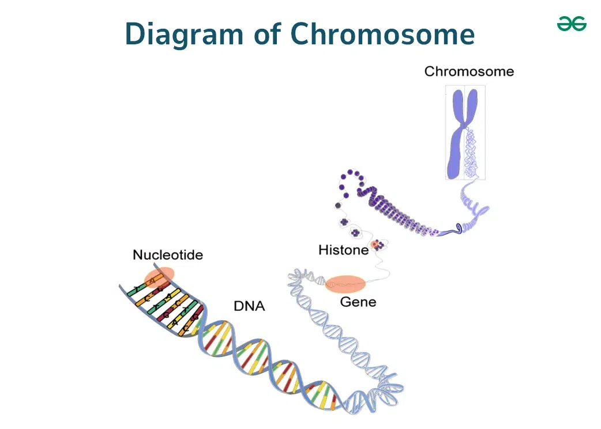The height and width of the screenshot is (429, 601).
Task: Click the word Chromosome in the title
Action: coord(382,33)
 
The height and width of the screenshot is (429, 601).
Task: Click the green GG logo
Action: coord(572,24)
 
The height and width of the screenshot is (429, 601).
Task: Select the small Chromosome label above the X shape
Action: coord(469,71)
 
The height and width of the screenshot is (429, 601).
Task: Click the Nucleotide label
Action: coord(168,255)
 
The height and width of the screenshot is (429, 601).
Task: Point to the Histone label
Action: coord(343,250)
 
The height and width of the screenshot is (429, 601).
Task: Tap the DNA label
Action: coord(249,306)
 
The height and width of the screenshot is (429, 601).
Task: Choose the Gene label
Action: coord(358,302)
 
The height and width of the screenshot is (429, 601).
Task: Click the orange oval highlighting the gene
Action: coord(345,284)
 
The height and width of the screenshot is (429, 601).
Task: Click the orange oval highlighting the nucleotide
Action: coord(159,277)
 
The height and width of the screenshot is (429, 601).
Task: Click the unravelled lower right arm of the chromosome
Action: coord(471,153)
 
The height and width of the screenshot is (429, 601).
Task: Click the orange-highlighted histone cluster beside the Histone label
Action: coord(377,245)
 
